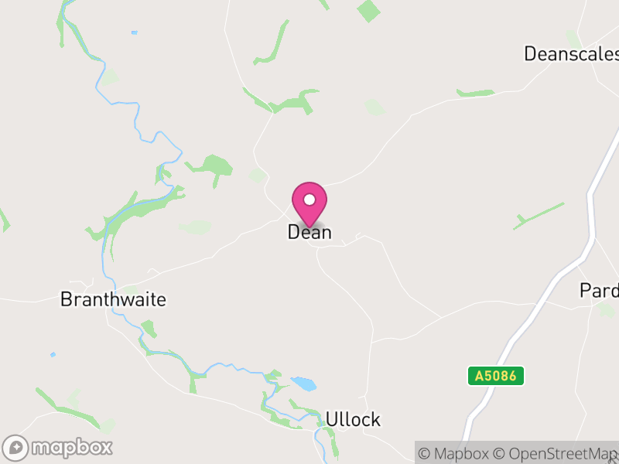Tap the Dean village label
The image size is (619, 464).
[x=309, y=232]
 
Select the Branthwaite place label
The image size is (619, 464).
[x=113, y=300]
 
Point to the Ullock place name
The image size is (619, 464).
[x=353, y=420]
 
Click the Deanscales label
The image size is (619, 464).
[x=571, y=54]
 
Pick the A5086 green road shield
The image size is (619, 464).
[x=496, y=377]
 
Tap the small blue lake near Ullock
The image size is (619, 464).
[x=303, y=384]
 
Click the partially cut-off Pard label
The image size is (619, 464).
[x=600, y=291]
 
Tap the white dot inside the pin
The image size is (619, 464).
[x=309, y=200]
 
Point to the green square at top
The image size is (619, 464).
[x=369, y=11]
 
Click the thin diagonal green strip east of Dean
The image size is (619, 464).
[x=539, y=217]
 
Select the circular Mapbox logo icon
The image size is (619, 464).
[x=15, y=448]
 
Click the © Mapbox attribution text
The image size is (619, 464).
[x=456, y=453]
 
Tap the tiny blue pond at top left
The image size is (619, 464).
[x=135, y=32]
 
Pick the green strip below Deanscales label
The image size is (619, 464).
[x=475, y=94]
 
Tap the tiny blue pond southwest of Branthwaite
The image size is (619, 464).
[x=53, y=355]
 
